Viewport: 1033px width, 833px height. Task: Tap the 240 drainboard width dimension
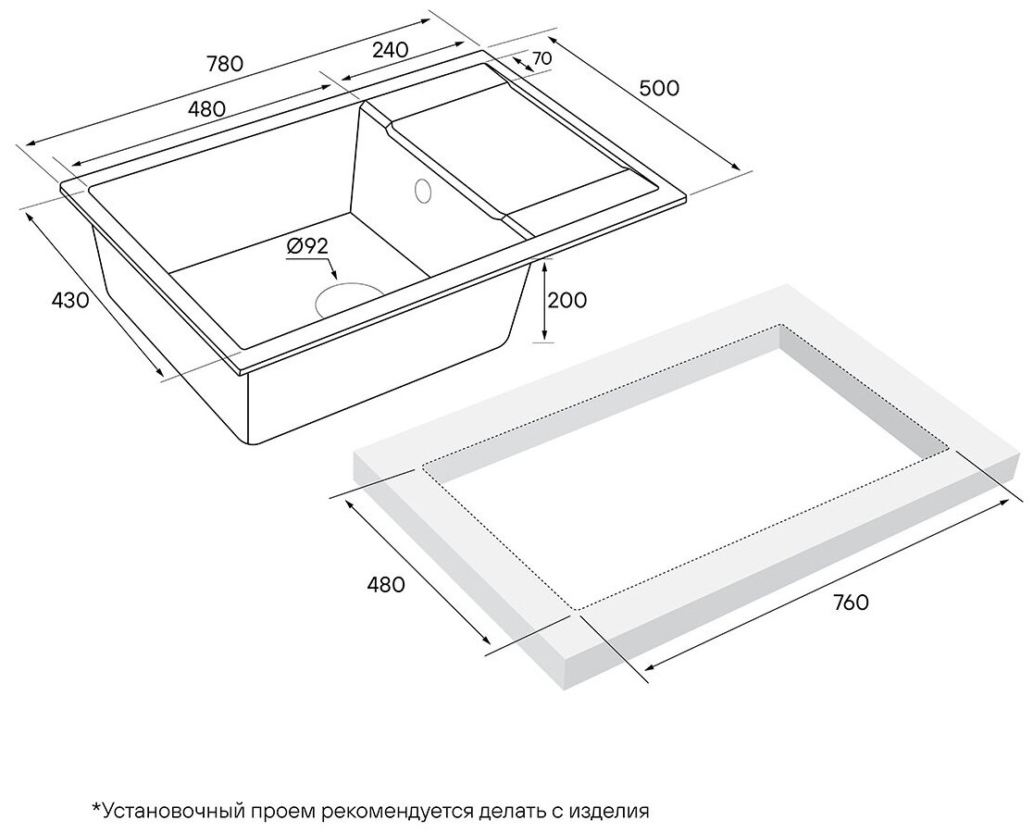(391, 51)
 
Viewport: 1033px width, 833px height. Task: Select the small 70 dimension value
(542, 58)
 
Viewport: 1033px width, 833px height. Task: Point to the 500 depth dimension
(659, 88)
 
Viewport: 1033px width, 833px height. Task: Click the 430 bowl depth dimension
(70, 301)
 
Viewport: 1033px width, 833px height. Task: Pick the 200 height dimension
(567, 300)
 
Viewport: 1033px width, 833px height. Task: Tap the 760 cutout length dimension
(850, 603)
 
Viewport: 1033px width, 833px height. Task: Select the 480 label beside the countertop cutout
(386, 585)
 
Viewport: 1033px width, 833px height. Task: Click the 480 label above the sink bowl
(206, 108)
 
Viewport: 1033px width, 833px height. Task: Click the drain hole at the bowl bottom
(349, 299)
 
